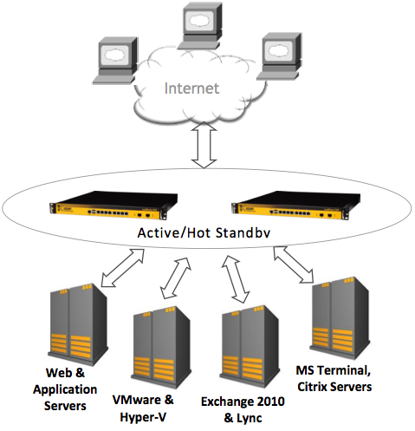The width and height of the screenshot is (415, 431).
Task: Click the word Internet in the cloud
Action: coord(191,88)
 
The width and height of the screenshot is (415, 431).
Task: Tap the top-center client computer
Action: coord(200,26)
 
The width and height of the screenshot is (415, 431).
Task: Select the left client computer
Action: coord(115,61)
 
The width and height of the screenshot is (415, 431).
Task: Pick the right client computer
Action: coord(279,56)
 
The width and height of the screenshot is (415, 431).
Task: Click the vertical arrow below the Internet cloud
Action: coord(204,145)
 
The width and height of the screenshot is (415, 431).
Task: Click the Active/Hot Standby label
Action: coord(204,233)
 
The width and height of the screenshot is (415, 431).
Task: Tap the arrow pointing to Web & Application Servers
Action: coord(122,268)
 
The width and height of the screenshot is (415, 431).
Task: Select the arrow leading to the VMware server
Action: coord(175,278)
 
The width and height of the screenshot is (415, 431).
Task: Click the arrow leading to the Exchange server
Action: coord(236,279)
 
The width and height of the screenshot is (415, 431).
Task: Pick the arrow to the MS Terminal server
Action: coord(294,264)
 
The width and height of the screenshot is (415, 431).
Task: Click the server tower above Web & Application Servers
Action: coord(78,324)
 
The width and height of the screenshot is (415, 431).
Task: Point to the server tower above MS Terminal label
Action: coord(340,318)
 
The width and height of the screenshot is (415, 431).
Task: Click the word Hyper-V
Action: coord(143,417)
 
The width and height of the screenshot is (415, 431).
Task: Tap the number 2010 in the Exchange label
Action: coord(270,402)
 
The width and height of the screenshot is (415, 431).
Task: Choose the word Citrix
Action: coord(313,387)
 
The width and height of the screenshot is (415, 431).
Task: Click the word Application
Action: coord(65,390)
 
